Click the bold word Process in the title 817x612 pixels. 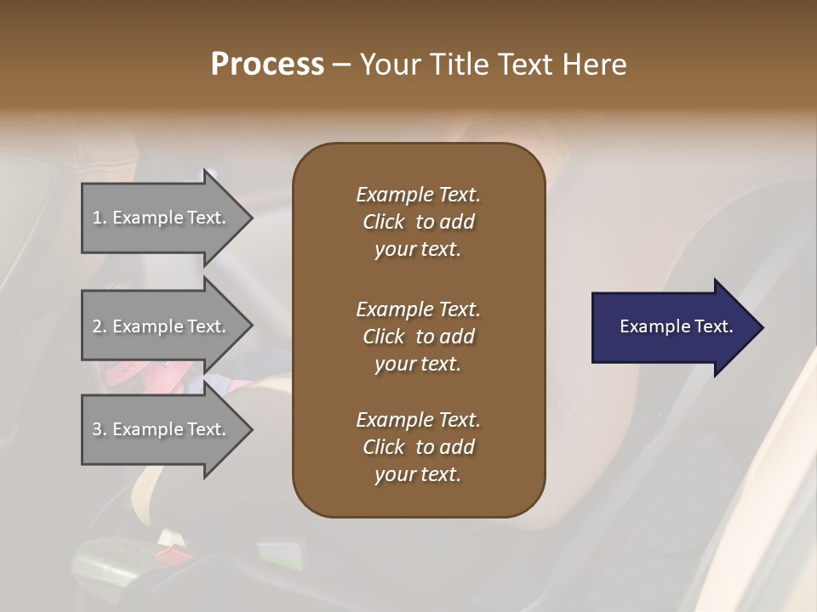267,65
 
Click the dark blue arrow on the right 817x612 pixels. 672,327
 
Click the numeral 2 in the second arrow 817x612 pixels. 97,326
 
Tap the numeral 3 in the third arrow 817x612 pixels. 97,429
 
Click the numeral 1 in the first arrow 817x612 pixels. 97,218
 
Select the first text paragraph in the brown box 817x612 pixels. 418,222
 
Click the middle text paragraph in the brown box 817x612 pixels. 418,337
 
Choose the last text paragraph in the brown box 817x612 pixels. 418,447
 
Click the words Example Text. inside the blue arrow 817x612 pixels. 676,326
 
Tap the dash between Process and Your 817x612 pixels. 341,65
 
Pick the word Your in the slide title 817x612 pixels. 389,65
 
